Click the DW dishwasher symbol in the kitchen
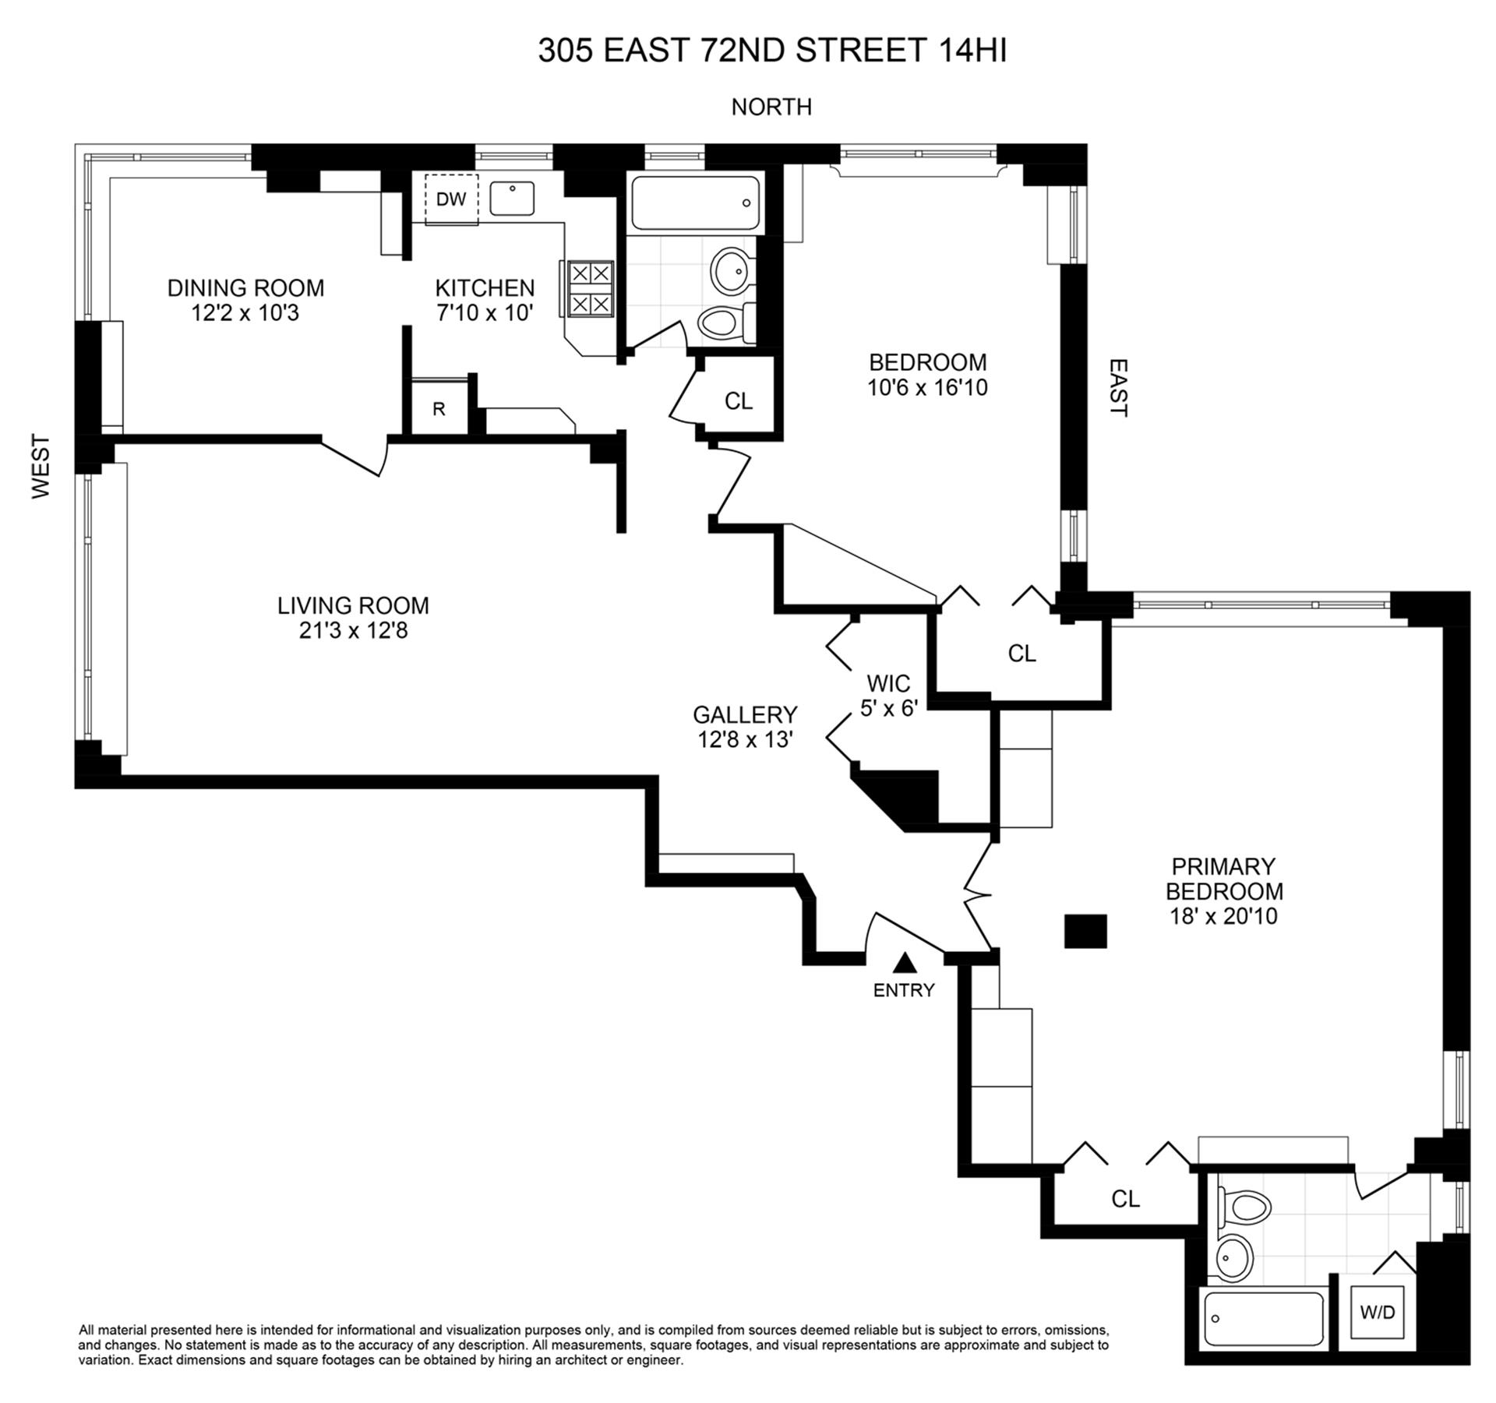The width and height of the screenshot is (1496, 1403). point(451,199)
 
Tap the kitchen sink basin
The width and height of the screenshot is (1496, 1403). point(512,199)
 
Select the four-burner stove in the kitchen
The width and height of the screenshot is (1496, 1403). point(590,288)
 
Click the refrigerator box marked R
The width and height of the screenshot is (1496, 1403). point(439,409)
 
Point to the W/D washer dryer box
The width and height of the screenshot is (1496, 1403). point(1377,1312)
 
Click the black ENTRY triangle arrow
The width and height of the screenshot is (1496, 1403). point(904,964)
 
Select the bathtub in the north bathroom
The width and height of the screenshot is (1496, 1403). point(695,203)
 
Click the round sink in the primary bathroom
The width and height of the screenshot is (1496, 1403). point(1233,1257)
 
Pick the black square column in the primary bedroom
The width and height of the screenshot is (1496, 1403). point(1085,931)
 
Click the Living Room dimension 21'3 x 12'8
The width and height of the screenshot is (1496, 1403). point(353,629)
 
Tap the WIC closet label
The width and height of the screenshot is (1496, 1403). point(888,683)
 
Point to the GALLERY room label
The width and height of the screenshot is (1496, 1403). point(745,714)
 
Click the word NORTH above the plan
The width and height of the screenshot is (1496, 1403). point(771,107)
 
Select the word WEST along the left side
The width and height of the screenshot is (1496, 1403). point(41,466)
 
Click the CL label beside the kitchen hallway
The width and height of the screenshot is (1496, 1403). point(739,400)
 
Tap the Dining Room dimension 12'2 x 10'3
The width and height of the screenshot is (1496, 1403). point(245,313)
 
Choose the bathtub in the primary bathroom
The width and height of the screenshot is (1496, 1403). point(1263,1319)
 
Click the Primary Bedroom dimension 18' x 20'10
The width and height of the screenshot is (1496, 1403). point(1223,916)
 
